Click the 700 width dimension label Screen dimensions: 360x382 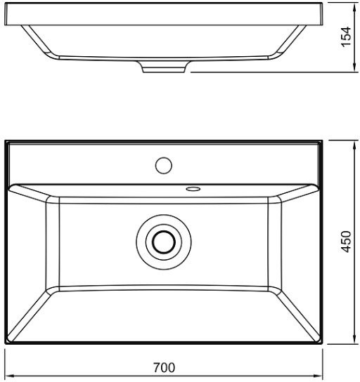pyautogui.click(x=164, y=368)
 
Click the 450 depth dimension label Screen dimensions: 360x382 pyautogui.click(x=346, y=242)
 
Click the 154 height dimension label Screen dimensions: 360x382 pyautogui.click(x=346, y=37)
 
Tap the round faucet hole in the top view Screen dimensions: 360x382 pyautogui.click(x=164, y=166)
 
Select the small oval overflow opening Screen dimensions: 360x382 pyautogui.click(x=193, y=189)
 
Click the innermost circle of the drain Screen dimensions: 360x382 pyautogui.click(x=164, y=242)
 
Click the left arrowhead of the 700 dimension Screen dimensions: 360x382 pyautogui.click(x=9, y=376)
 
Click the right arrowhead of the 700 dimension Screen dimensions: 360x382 pyautogui.click(x=319, y=376)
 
